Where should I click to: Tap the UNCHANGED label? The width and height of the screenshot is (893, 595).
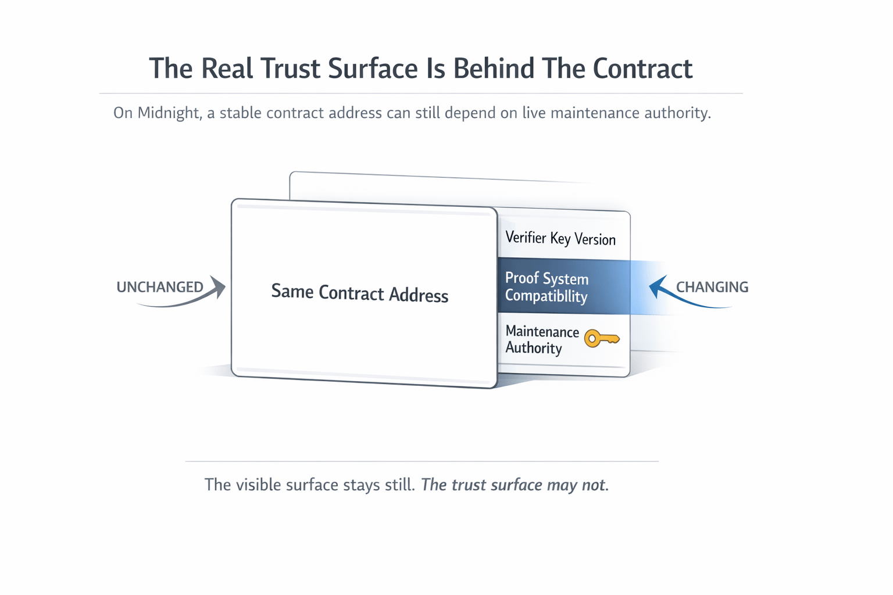click(x=160, y=287)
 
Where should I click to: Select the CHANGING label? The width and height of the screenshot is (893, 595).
click(x=712, y=287)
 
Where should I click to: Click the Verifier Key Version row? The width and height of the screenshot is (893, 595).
click(x=560, y=238)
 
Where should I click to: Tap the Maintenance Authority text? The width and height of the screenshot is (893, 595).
click(x=542, y=339)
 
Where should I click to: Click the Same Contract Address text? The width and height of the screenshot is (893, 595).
click(x=359, y=293)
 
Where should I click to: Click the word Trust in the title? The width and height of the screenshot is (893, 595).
click(x=290, y=69)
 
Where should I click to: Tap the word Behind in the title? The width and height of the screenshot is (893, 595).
click(x=494, y=69)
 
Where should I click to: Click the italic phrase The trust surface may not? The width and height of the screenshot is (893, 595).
click(x=515, y=485)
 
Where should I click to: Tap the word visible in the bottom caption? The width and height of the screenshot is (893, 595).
click(x=260, y=485)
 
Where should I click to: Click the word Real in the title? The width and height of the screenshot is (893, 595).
click(x=227, y=69)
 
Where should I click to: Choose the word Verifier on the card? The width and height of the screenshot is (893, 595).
click(x=526, y=237)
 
